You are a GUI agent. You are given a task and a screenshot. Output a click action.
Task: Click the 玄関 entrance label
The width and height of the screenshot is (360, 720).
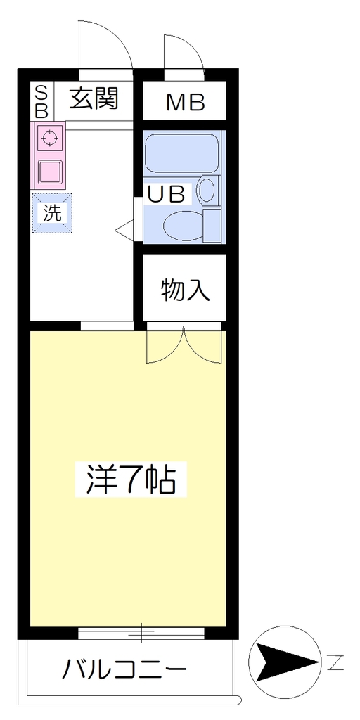(94, 98)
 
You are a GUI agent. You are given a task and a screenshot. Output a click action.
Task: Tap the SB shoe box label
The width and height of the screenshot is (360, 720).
(41, 101)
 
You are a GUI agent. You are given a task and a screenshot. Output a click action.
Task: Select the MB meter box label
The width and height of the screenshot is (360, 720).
(186, 103)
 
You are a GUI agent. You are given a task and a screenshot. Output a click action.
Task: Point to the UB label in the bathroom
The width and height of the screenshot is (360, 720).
(166, 195)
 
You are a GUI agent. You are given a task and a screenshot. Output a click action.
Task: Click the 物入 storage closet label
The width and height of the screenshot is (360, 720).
(186, 290)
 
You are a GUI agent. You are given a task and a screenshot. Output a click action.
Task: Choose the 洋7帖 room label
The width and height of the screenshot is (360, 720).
(131, 479)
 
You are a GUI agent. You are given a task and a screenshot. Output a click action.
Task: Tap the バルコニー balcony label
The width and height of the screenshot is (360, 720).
(124, 670)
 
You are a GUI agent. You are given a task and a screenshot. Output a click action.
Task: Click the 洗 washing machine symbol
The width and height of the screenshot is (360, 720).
(52, 212)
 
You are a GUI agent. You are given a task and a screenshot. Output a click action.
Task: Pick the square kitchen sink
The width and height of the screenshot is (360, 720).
(50, 171)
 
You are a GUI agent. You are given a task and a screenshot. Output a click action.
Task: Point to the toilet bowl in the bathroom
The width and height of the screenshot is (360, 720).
(184, 226)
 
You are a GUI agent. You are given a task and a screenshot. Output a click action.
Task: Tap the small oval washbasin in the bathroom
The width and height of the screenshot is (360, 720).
(207, 190)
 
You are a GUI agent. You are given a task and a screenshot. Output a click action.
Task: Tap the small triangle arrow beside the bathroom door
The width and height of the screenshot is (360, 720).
(124, 230)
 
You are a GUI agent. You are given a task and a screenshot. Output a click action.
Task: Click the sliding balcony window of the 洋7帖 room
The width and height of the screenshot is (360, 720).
(141, 634)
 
